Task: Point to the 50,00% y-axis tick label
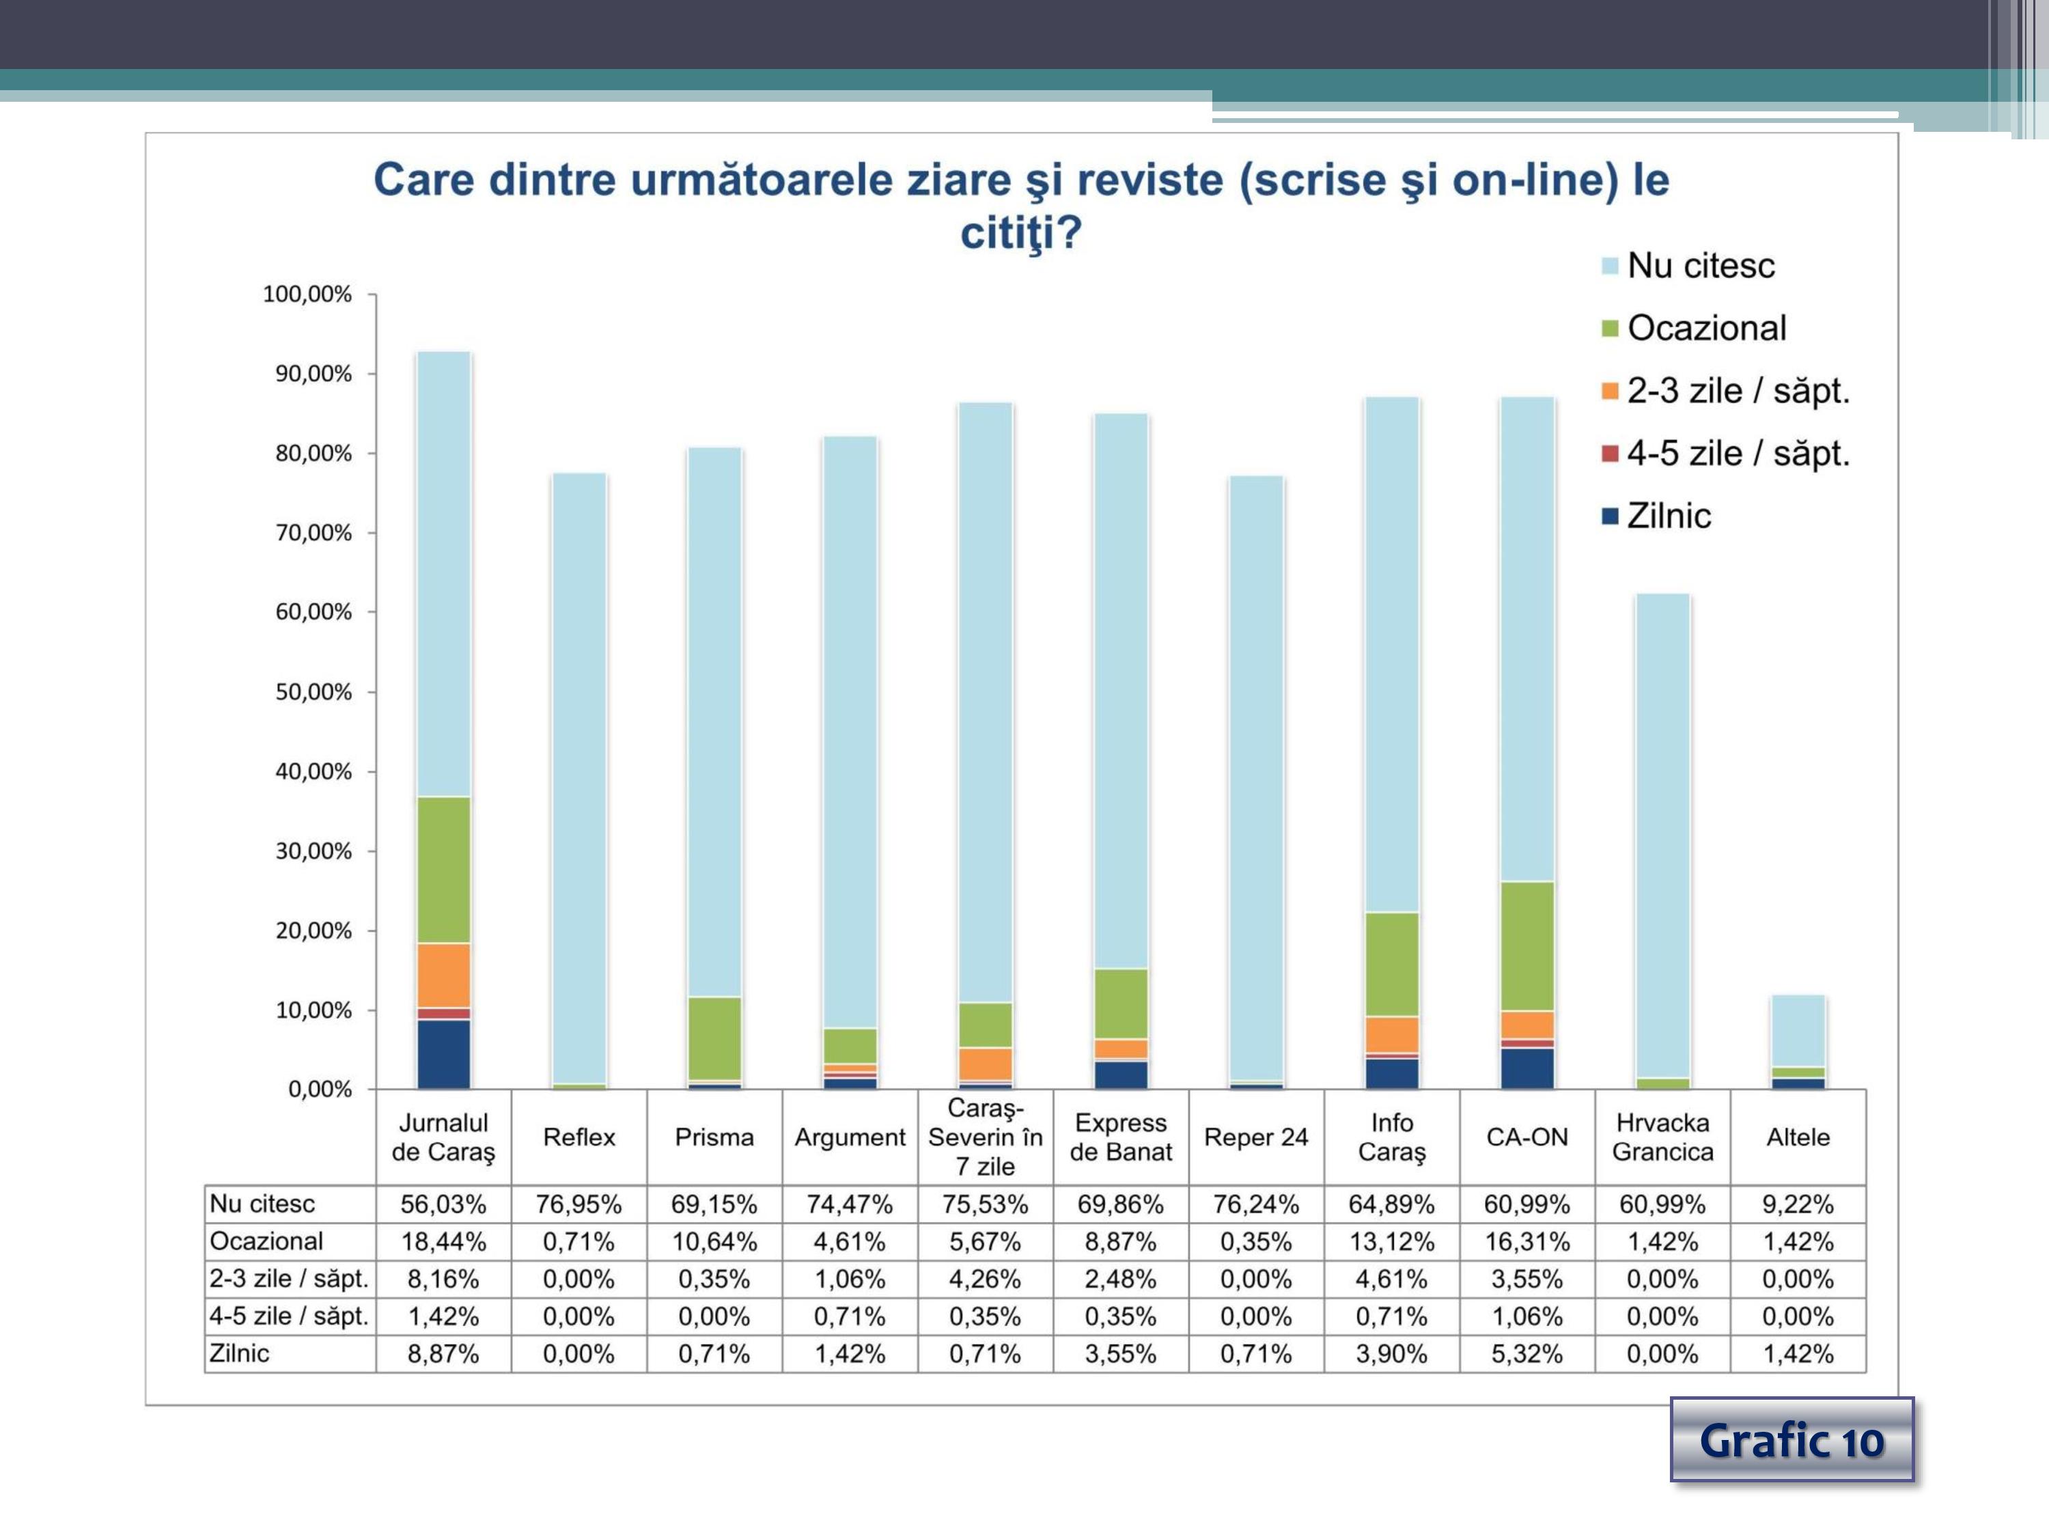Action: [313, 692]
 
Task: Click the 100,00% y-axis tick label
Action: [307, 294]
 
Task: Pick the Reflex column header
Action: [579, 1137]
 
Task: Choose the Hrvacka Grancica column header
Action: [1662, 1137]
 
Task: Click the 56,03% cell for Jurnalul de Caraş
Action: [443, 1204]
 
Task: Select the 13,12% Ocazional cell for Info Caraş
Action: [1391, 1241]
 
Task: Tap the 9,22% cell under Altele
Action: [1798, 1204]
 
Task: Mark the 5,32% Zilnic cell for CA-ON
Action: [1527, 1353]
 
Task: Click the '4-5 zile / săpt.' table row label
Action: [289, 1316]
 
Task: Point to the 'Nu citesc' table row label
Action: [263, 1204]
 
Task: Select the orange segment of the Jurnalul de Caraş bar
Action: [444, 975]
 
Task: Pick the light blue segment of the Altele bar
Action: [1798, 1030]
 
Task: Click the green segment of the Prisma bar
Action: [714, 1038]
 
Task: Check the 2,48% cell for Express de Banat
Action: [1121, 1279]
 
